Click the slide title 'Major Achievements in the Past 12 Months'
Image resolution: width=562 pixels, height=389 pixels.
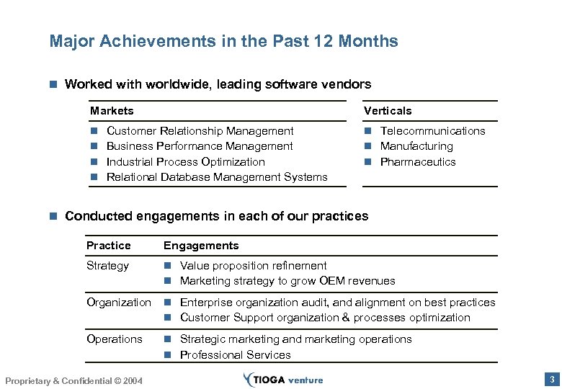coord(223,41)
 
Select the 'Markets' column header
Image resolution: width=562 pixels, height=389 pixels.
coord(112,110)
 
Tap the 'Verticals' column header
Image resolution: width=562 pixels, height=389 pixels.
coord(388,110)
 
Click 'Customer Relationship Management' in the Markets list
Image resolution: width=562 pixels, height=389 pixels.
coord(200,131)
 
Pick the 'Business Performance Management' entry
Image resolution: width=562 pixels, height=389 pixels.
coord(200,146)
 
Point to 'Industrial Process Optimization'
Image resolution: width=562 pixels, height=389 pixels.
coord(185,162)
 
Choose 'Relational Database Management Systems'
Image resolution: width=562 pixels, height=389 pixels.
coord(217,177)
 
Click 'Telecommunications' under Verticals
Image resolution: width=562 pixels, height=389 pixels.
coord(432,131)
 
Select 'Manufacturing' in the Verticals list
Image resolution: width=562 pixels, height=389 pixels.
coord(416,146)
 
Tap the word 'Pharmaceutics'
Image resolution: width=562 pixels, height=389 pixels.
coord(418,162)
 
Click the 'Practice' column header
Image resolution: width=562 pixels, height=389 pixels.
coord(109,246)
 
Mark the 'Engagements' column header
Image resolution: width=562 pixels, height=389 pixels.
coord(201,246)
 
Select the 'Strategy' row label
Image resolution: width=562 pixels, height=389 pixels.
coord(107,266)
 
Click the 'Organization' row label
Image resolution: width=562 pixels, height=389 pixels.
coord(119,303)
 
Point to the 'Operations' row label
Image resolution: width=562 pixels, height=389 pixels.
coord(115,339)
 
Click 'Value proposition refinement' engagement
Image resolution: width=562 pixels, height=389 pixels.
coord(253,266)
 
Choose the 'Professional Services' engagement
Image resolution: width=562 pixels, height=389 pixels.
coord(235,355)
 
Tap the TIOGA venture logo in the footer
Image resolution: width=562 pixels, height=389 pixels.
coord(283,380)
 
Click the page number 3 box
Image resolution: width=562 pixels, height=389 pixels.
coord(551,379)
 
